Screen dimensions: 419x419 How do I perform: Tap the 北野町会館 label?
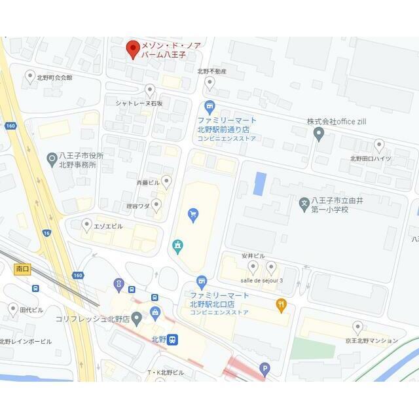point(54,77)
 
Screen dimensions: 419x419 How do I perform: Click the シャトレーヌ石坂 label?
point(139,103)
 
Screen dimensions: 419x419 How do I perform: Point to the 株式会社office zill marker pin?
point(319,134)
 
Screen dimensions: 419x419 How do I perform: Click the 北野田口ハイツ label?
point(371,158)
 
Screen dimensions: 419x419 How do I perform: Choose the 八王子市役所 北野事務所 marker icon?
point(52,158)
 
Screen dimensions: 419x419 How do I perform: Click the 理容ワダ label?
point(139,205)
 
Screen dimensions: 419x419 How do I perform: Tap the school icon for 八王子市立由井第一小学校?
point(304,204)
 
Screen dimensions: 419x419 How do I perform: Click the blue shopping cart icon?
point(192,214)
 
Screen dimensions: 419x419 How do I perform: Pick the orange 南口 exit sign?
point(22,268)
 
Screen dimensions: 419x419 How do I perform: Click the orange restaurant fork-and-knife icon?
point(282,304)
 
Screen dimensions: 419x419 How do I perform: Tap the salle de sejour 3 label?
point(262,280)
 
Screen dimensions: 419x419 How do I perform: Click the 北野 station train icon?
point(172,339)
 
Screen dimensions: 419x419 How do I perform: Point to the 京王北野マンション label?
point(372,340)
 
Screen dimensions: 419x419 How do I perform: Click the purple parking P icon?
point(264,369)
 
